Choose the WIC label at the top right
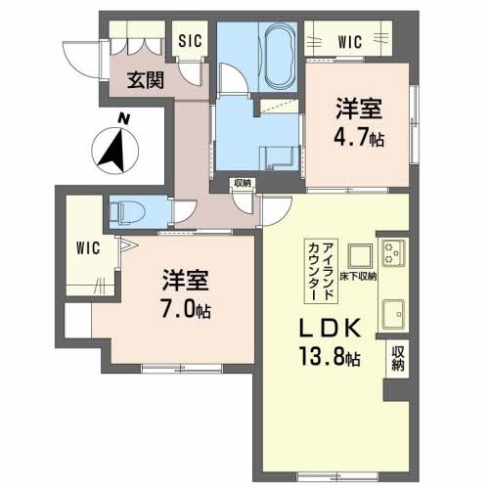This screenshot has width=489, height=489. [350, 42]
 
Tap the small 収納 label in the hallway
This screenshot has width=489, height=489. [242, 184]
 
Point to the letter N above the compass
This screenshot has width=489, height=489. [121, 118]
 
